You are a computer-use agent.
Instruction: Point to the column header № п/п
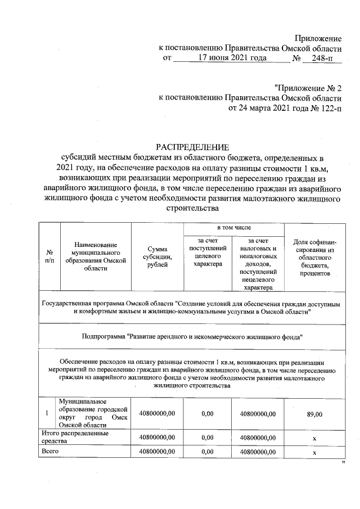click(x=49, y=256)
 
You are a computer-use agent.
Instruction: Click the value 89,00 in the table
click(x=314, y=414)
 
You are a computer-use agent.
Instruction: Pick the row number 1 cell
click(x=46, y=414)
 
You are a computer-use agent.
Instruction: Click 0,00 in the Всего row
click(x=207, y=452)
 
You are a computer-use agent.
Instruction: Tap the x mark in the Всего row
click(x=314, y=452)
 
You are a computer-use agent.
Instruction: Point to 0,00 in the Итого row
click(x=207, y=437)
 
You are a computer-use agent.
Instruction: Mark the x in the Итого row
click(x=314, y=437)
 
